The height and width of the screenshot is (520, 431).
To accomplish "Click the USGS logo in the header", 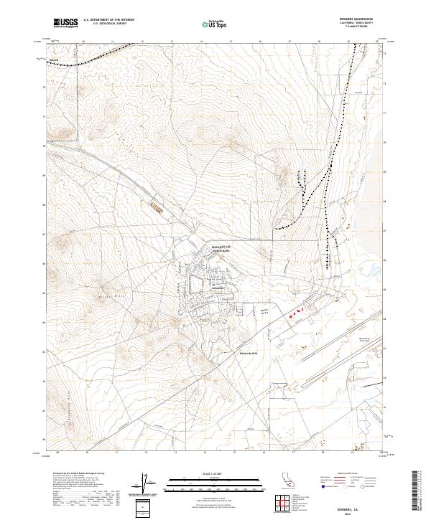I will click(65, 23).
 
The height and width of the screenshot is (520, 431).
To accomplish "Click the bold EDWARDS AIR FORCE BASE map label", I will click(222, 248).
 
